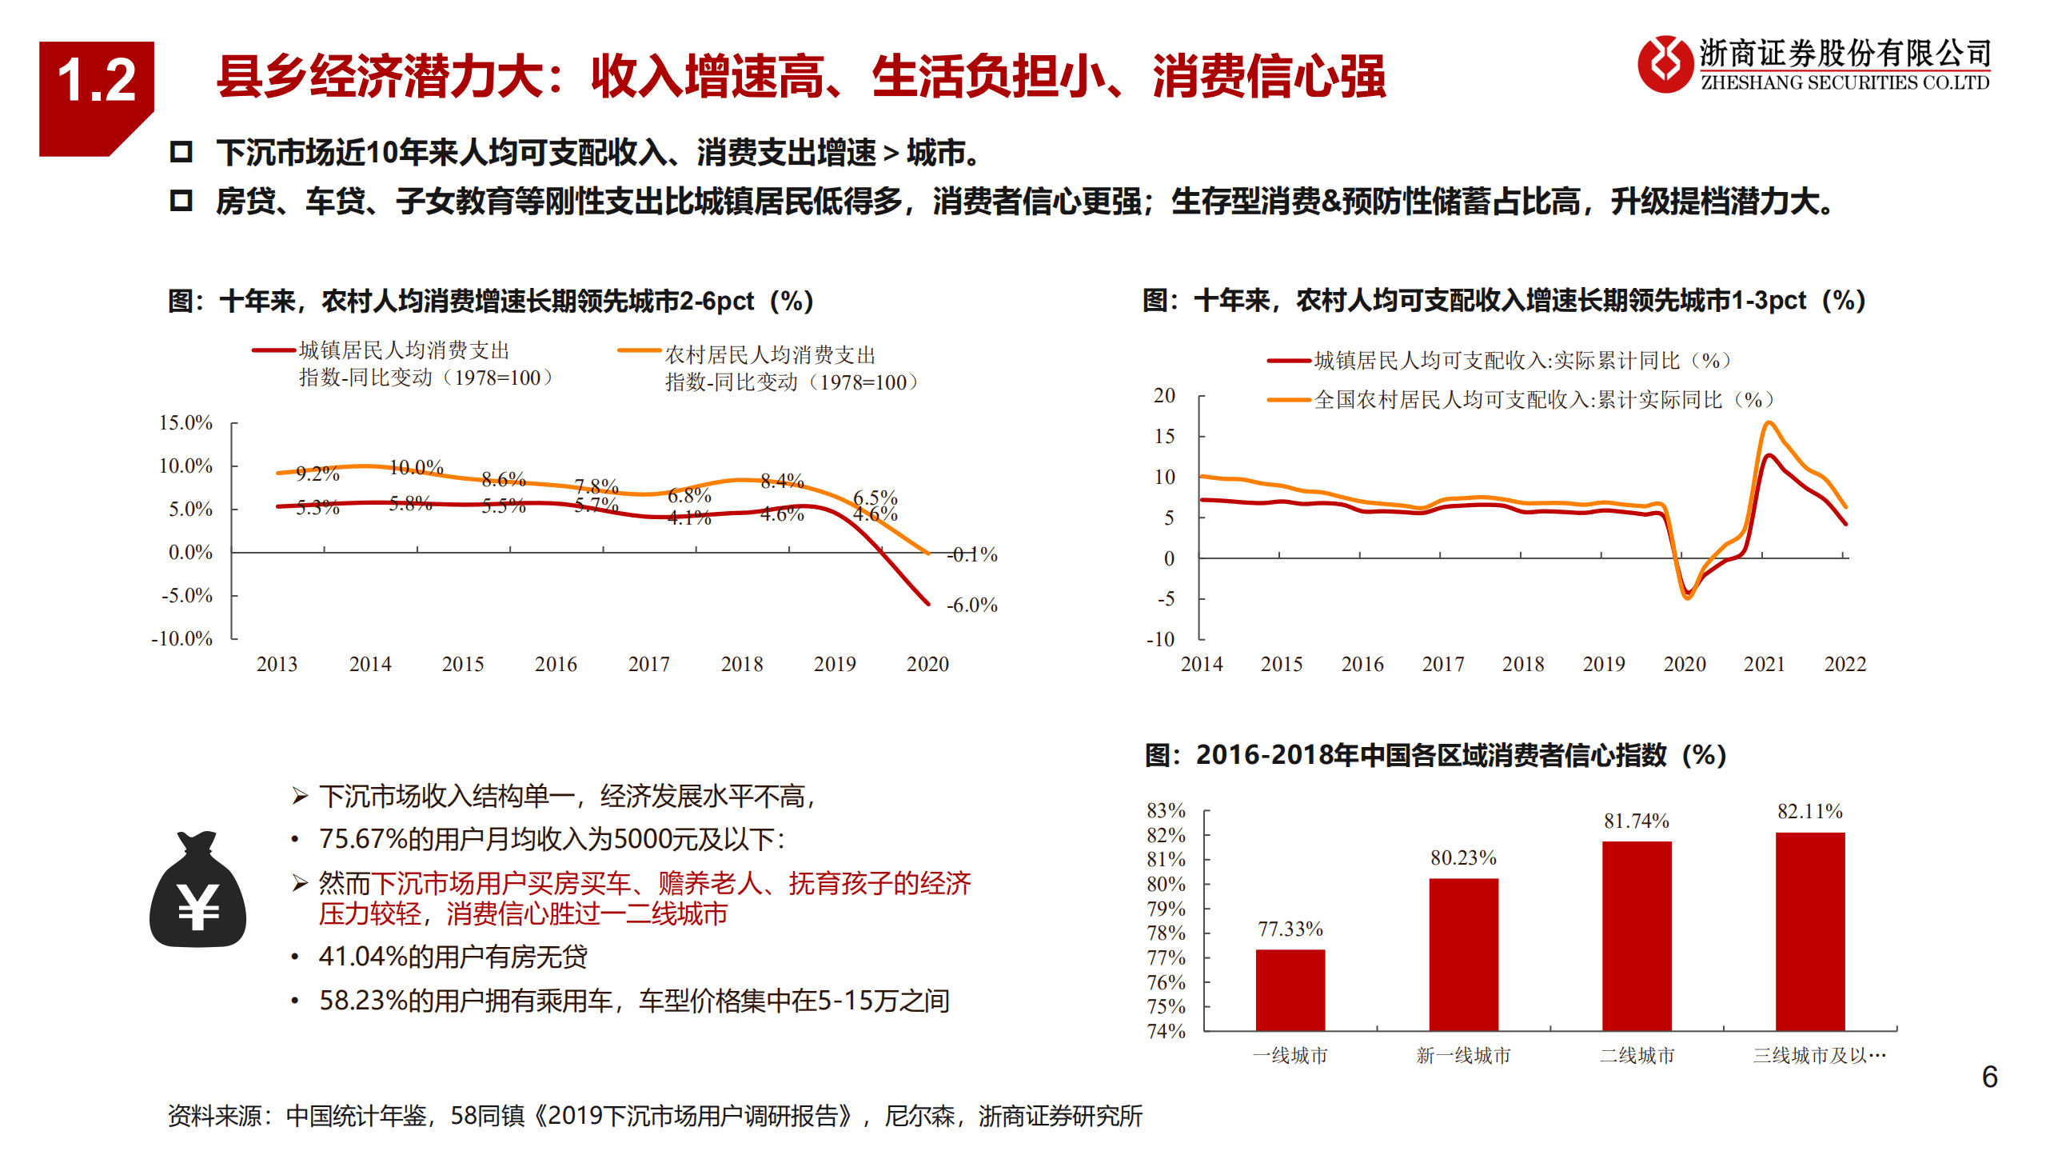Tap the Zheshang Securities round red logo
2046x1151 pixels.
(x=1665, y=64)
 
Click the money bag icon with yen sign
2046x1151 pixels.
(x=197, y=891)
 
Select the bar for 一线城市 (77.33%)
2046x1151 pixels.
(x=1290, y=989)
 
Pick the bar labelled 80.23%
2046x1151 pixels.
(x=1463, y=953)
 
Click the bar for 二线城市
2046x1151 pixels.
(x=1637, y=935)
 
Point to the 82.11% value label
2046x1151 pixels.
(x=1809, y=811)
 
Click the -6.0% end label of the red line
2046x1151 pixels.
(x=971, y=605)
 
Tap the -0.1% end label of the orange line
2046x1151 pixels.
(x=971, y=554)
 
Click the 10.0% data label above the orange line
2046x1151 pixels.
(x=416, y=467)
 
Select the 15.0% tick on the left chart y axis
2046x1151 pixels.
(x=185, y=422)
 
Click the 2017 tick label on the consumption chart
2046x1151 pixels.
(x=648, y=664)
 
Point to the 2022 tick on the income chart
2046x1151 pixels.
(x=1845, y=664)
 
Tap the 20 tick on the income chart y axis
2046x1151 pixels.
(x=1164, y=395)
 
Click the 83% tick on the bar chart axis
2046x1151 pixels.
(x=1166, y=810)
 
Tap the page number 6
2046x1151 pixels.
(x=1989, y=1077)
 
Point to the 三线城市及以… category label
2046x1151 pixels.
(x=1818, y=1056)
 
